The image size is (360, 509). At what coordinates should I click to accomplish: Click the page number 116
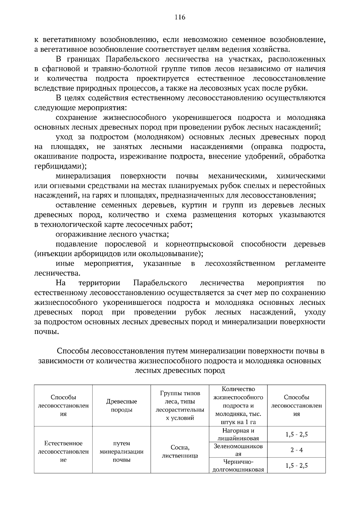click(180, 17)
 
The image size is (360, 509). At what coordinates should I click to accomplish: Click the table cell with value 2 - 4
click(296, 450)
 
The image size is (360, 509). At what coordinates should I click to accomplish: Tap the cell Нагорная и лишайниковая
click(238, 434)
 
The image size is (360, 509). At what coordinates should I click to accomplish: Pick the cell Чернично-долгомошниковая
click(238, 466)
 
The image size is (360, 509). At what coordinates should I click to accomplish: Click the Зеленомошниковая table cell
click(238, 450)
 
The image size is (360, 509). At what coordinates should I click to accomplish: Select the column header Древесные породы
click(121, 406)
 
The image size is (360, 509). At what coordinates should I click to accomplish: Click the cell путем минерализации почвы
click(121, 451)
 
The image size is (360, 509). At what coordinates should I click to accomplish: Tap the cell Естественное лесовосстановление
click(63, 451)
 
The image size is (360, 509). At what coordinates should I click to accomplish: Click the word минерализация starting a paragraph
click(83, 176)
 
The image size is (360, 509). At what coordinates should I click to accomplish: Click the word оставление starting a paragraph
click(76, 205)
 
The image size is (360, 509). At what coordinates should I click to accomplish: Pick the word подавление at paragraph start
click(76, 244)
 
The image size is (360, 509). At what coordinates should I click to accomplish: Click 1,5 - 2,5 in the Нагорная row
click(296, 434)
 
